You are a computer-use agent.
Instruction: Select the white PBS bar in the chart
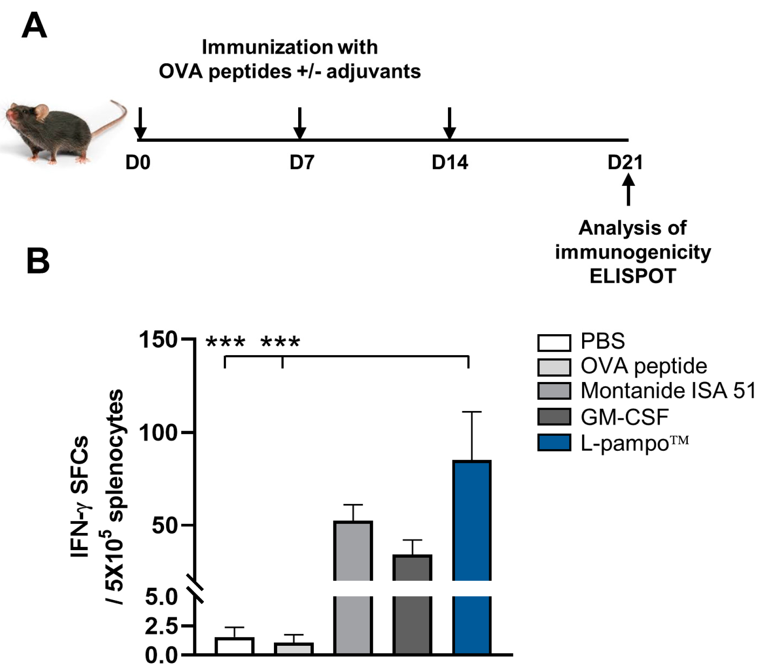(x=234, y=646)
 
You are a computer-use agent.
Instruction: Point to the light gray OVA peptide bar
(x=294, y=648)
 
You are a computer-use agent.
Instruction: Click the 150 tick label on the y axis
(x=159, y=339)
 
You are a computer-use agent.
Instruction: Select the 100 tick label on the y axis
(x=159, y=432)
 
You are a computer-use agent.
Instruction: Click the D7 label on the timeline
(x=302, y=163)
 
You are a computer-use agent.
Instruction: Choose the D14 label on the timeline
(x=450, y=163)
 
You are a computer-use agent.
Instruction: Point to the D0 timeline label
(x=138, y=163)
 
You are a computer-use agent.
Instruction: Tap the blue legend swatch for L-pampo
(x=554, y=443)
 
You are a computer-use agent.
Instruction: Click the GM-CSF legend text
(x=624, y=417)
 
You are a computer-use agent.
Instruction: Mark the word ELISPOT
(x=632, y=276)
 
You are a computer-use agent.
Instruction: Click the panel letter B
(x=38, y=261)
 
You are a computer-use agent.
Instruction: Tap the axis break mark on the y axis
(x=195, y=588)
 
